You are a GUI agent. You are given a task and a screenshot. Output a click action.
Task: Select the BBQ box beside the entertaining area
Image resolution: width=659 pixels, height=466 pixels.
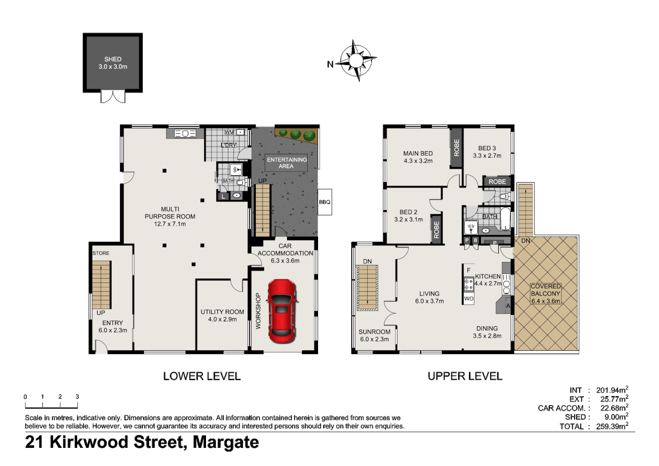point(325,202)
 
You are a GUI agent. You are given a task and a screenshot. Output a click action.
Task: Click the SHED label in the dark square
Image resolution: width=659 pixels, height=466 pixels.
point(112,59)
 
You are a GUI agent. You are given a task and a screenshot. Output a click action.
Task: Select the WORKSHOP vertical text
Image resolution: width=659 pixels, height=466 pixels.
point(258,311)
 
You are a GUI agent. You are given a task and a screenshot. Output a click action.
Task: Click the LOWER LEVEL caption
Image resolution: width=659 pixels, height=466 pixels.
point(202,376)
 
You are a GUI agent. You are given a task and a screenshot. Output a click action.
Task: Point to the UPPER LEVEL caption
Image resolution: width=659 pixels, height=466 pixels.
point(465,376)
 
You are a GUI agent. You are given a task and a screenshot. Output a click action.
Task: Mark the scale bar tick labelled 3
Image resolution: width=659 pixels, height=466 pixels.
point(77,397)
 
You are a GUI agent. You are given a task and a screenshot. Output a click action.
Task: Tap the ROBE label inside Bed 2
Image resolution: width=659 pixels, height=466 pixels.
point(436,230)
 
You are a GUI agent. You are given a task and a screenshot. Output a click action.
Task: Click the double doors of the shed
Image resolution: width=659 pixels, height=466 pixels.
point(113,97)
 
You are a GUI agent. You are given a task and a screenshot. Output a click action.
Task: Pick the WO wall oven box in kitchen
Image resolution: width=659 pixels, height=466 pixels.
point(468,299)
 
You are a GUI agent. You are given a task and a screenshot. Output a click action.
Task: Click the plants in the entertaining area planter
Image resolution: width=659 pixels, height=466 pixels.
point(296,134)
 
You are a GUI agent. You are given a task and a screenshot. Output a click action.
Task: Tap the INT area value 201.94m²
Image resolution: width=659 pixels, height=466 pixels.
point(612,390)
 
